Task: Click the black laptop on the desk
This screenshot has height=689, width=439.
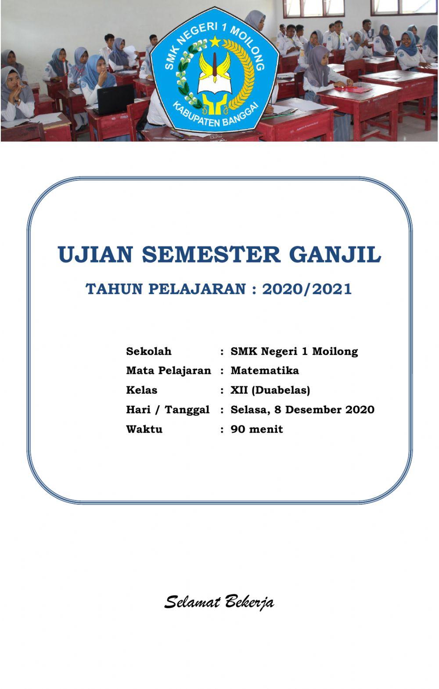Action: (115, 98)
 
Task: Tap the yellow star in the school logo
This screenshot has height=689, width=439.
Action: (215, 42)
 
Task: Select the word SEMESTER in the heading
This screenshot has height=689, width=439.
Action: (211, 255)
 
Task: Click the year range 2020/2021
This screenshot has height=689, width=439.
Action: (307, 289)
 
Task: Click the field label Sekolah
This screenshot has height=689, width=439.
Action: (149, 352)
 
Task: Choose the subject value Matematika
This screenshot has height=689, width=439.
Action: (265, 370)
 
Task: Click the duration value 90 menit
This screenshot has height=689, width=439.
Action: (257, 429)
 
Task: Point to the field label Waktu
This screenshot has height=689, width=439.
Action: (144, 429)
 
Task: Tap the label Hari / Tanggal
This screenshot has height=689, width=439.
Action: (168, 409)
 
